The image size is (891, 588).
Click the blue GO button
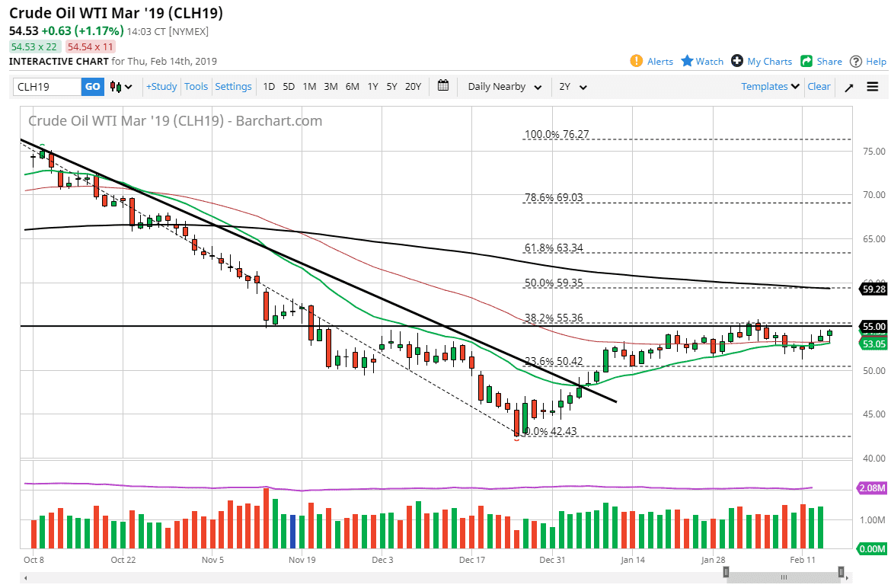pos(92,87)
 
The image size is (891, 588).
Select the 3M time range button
pos(331,87)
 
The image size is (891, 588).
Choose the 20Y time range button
pos(413,87)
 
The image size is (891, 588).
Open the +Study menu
pos(161,87)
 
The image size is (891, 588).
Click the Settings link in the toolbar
pos(233,87)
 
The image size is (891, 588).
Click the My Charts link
pos(769,62)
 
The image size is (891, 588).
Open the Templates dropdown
pos(770,87)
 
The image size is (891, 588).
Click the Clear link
pos(819,87)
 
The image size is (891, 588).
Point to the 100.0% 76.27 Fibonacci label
pos(557,135)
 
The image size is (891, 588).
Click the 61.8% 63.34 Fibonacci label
pos(554,248)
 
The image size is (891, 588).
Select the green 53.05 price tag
pos(873,344)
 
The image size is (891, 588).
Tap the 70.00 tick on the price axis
pos(873,195)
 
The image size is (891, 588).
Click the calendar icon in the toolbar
pos(444,86)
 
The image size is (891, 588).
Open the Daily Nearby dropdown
pos(504,87)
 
